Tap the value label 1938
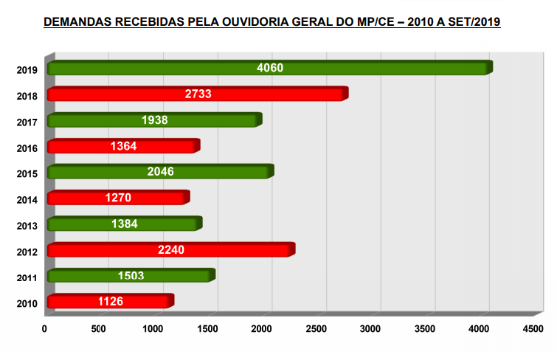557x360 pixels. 155,120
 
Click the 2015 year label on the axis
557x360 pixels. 27,173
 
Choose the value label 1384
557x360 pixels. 125,224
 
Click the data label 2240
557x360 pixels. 171,249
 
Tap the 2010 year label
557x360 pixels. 27,302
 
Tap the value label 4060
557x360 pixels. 270,69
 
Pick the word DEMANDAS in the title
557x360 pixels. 76,22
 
